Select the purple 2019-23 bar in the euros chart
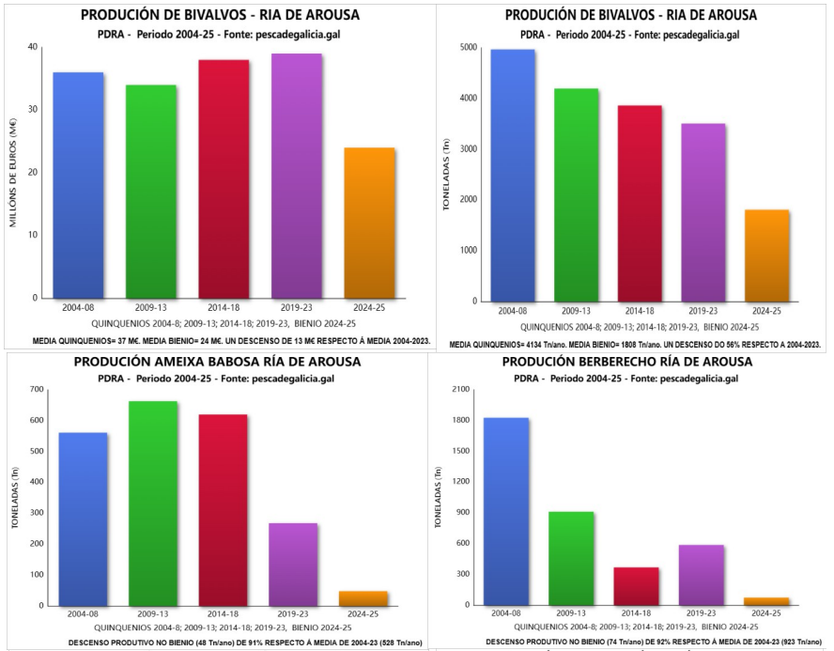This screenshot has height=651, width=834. click(297, 176)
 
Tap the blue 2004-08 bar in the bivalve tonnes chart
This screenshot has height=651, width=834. click(500, 175)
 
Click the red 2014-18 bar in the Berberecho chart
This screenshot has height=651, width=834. click(636, 586)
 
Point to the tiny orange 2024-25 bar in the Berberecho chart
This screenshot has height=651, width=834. click(766, 601)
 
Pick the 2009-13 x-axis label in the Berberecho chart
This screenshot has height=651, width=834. click(570, 613)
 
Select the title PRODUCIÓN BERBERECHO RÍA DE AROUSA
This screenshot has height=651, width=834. click(626, 362)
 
